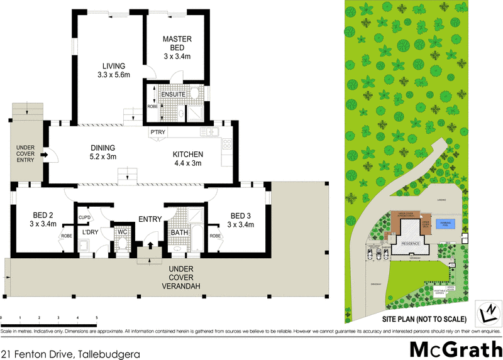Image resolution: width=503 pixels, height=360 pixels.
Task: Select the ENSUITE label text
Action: point(172,94)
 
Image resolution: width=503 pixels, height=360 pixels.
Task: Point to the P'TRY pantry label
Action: point(157,133)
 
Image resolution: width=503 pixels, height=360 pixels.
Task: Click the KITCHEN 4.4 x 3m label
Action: point(188,159)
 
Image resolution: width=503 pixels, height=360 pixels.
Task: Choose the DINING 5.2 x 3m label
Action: point(104,153)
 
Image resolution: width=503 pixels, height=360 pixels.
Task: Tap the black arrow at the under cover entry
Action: point(45,154)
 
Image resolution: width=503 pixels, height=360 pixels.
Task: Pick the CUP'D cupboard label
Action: point(86,218)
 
